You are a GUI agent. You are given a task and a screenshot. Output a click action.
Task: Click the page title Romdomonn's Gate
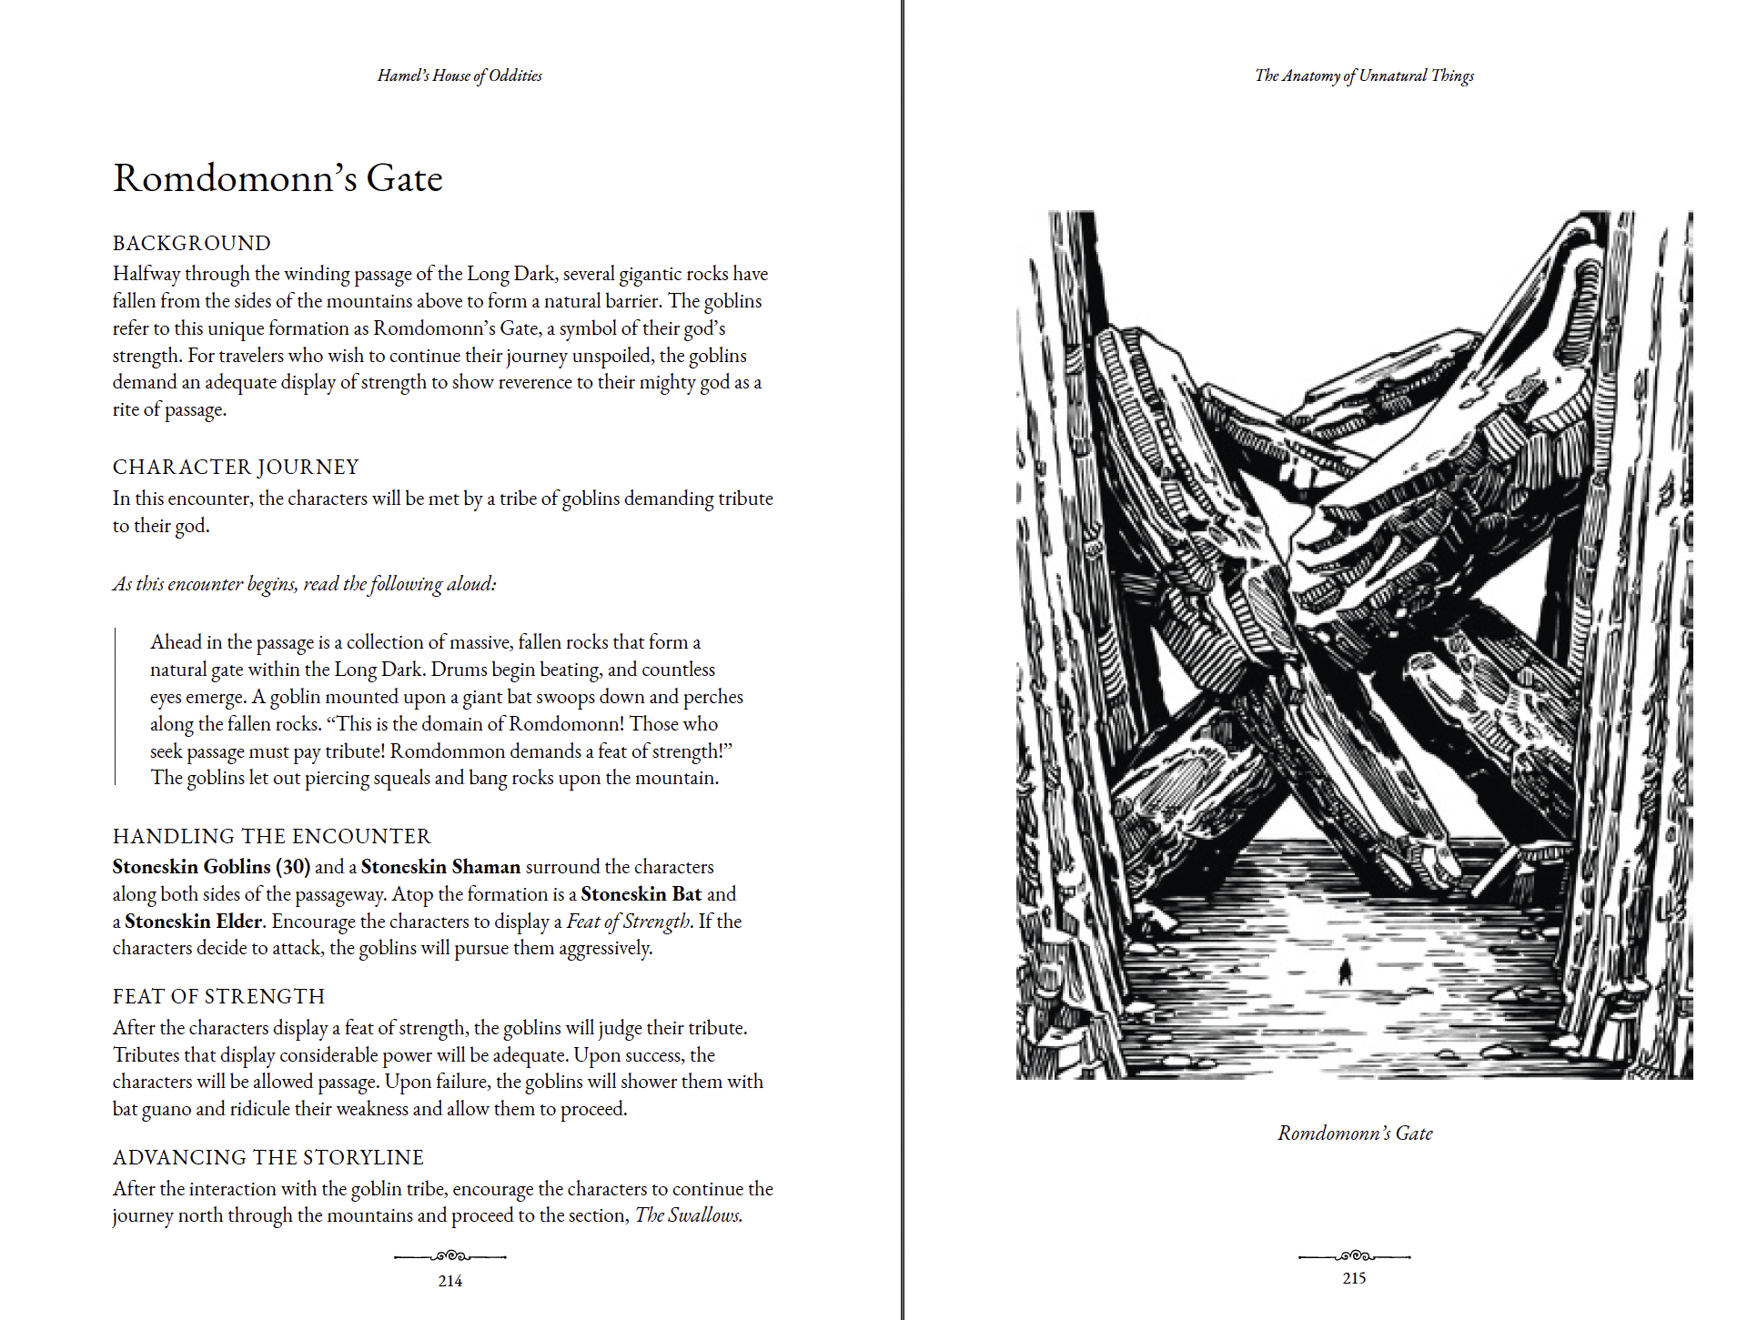point(278,178)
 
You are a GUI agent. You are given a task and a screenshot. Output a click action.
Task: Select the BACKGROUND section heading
point(192,243)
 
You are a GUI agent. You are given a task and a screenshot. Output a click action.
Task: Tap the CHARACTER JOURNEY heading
point(236,467)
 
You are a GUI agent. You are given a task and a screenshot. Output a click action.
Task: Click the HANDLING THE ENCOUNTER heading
point(271,836)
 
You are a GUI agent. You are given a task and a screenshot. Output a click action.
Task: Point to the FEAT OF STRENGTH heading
point(218,996)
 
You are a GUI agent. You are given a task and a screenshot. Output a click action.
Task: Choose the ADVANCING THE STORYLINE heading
point(268,1157)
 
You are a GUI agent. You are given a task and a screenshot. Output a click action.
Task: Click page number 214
point(449,1281)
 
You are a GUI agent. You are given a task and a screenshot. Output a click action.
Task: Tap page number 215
point(1354,1278)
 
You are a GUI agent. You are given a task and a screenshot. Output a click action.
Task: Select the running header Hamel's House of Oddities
point(459,76)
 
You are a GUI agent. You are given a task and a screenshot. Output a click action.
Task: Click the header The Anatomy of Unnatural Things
point(1364,76)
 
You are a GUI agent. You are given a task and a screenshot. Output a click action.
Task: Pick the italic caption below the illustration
point(1355,1133)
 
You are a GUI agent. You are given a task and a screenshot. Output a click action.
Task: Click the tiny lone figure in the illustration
point(1345,972)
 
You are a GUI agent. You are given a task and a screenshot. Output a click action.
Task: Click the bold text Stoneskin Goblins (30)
point(211,867)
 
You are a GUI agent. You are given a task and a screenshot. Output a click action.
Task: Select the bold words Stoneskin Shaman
point(440,867)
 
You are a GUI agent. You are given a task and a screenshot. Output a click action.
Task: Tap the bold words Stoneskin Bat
point(641,894)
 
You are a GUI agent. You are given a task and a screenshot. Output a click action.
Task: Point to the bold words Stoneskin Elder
point(193,922)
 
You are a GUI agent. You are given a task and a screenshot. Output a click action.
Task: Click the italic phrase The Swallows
point(688,1215)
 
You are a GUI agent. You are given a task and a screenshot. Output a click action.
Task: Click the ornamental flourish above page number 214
point(449,1256)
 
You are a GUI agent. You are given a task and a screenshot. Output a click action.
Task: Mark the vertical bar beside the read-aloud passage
point(116,706)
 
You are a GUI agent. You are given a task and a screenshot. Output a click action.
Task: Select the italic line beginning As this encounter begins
point(305,584)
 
